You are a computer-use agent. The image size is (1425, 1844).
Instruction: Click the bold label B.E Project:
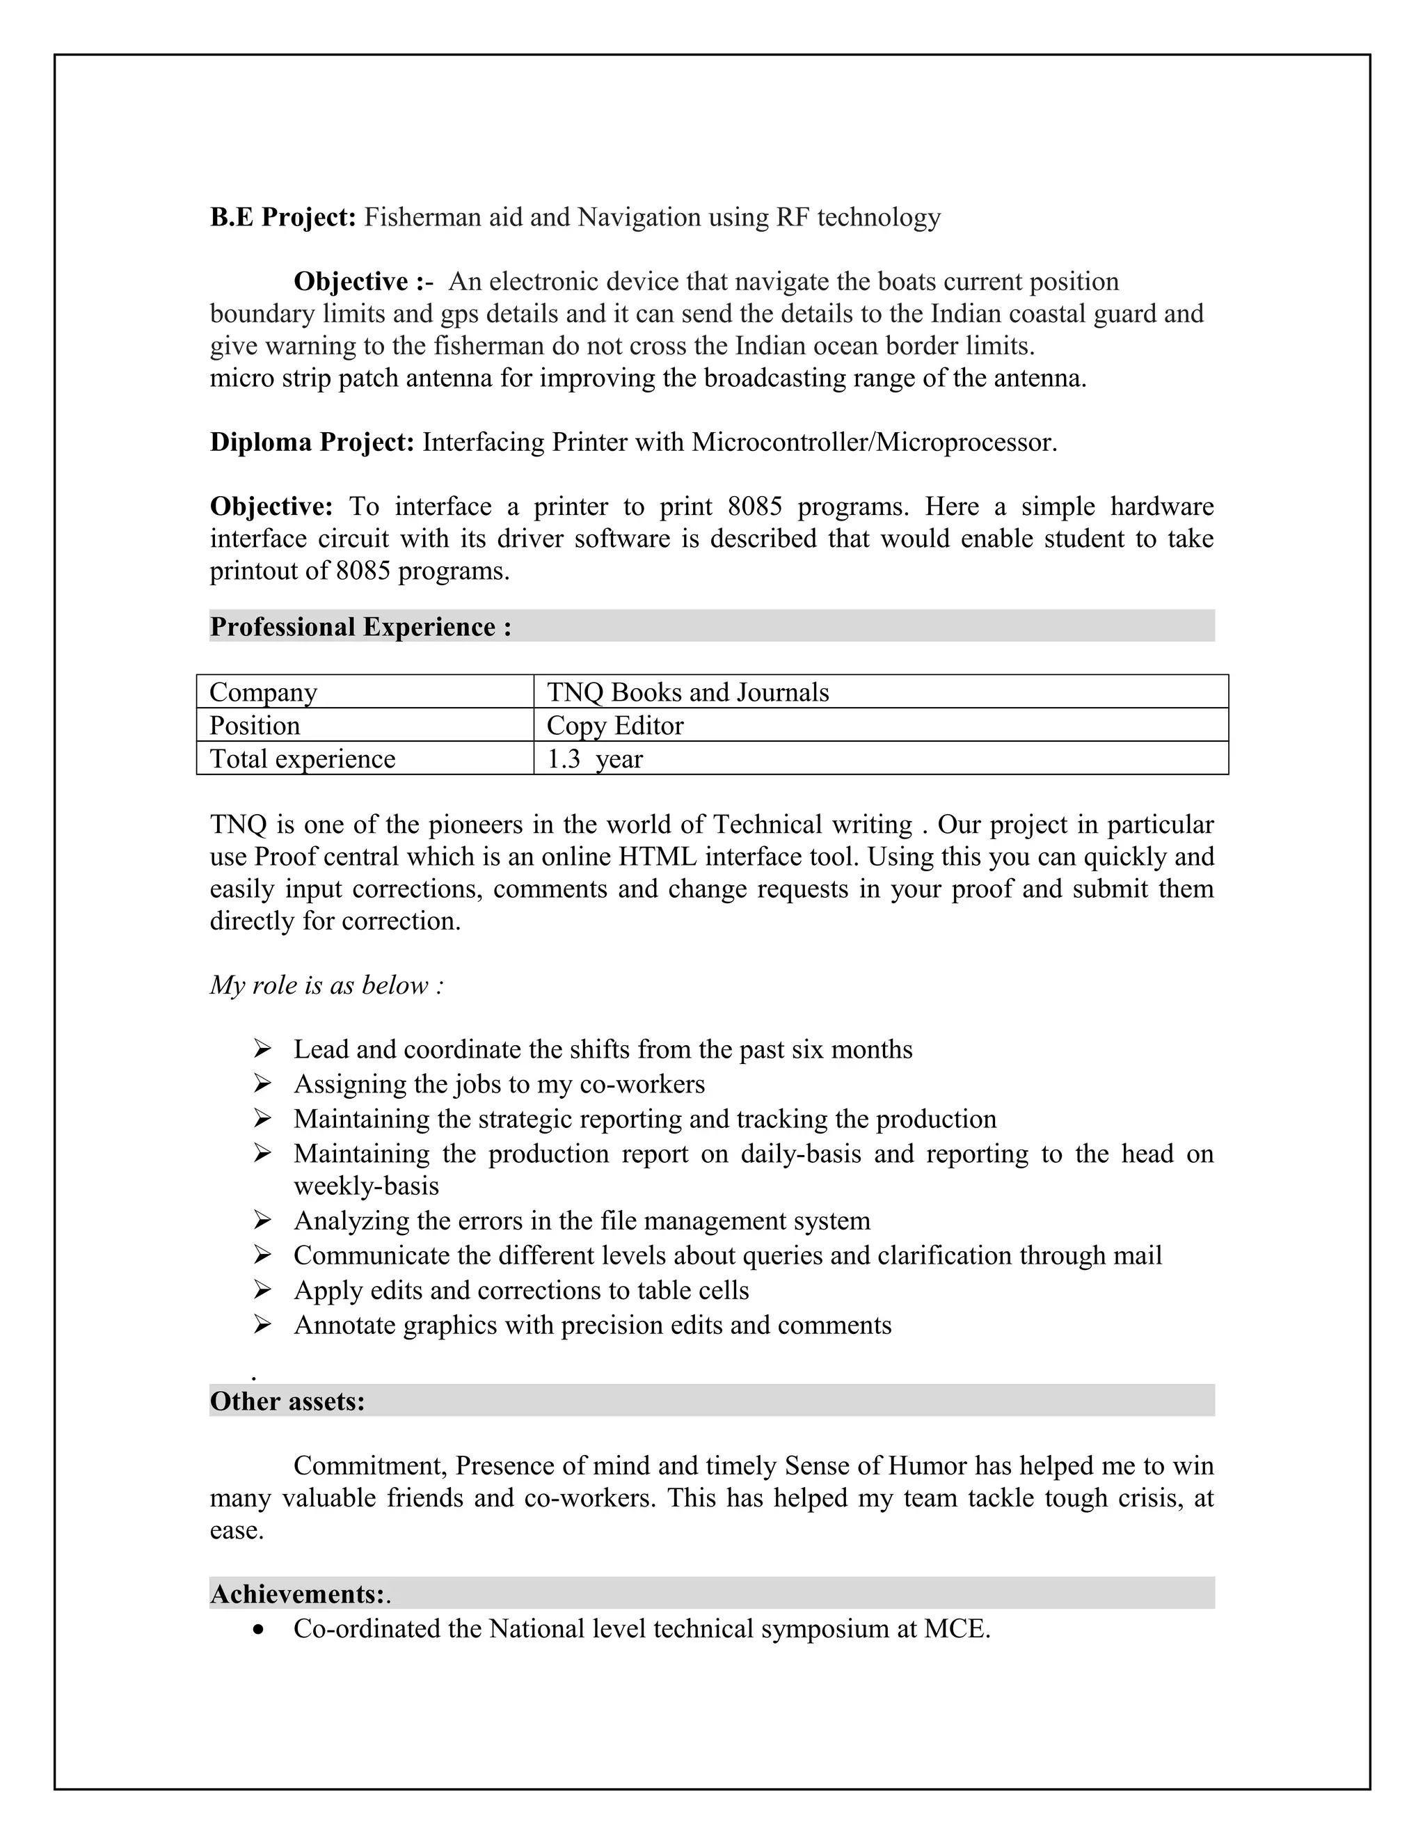282,218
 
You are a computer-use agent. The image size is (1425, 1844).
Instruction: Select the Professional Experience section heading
360,628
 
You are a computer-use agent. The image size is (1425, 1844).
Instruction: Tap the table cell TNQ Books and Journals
687,692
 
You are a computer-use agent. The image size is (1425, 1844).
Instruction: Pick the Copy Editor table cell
614,726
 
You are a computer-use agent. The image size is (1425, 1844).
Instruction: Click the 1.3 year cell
594,759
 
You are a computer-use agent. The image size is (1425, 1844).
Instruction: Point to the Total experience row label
302,759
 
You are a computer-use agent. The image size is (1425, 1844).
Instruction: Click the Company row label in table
264,692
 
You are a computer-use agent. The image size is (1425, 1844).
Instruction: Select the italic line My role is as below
327,985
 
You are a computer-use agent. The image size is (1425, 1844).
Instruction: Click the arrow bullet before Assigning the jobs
262,1084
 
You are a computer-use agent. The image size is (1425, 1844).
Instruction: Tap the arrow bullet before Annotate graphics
262,1326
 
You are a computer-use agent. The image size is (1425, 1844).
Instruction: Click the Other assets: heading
287,1401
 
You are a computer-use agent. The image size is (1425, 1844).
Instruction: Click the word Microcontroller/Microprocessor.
874,443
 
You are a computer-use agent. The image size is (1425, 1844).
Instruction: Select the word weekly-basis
367,1186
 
